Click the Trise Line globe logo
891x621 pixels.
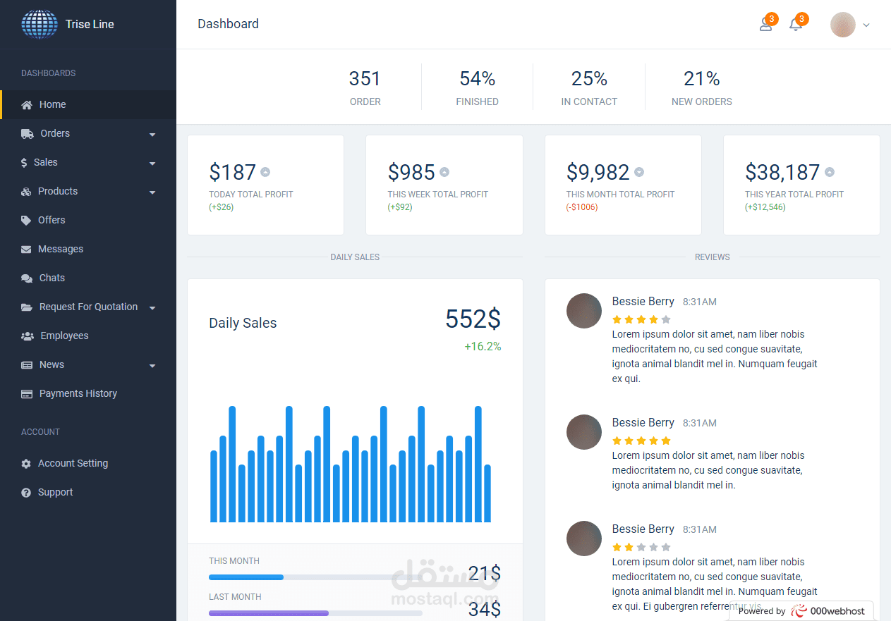click(40, 24)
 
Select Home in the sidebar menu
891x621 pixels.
click(52, 104)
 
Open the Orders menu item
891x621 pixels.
click(55, 133)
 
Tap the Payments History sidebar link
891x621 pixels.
click(78, 393)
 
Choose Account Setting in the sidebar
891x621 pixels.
click(73, 463)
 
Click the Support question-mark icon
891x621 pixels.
click(26, 493)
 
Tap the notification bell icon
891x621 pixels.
click(796, 25)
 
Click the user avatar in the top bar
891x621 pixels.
click(842, 25)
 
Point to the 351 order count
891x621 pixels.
click(365, 78)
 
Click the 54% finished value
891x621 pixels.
click(477, 78)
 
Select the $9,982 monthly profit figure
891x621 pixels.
click(598, 172)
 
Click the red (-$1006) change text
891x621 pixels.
click(581, 207)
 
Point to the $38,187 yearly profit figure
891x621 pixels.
click(782, 172)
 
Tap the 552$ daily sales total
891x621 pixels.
click(473, 319)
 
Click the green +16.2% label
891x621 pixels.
click(483, 346)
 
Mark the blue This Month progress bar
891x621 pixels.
click(246, 577)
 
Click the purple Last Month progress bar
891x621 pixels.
click(269, 613)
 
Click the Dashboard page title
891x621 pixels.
click(228, 24)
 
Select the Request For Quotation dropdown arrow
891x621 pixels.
click(152, 308)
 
